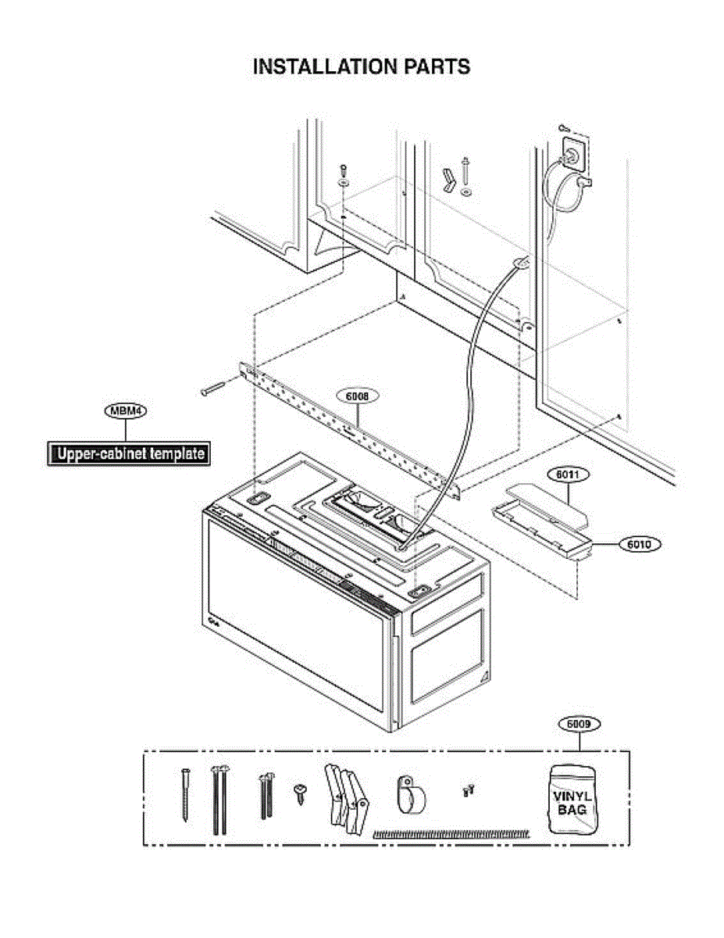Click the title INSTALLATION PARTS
click(x=362, y=66)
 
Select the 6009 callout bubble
click(x=579, y=725)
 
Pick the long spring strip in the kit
click(x=451, y=834)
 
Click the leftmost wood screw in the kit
click(x=185, y=793)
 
